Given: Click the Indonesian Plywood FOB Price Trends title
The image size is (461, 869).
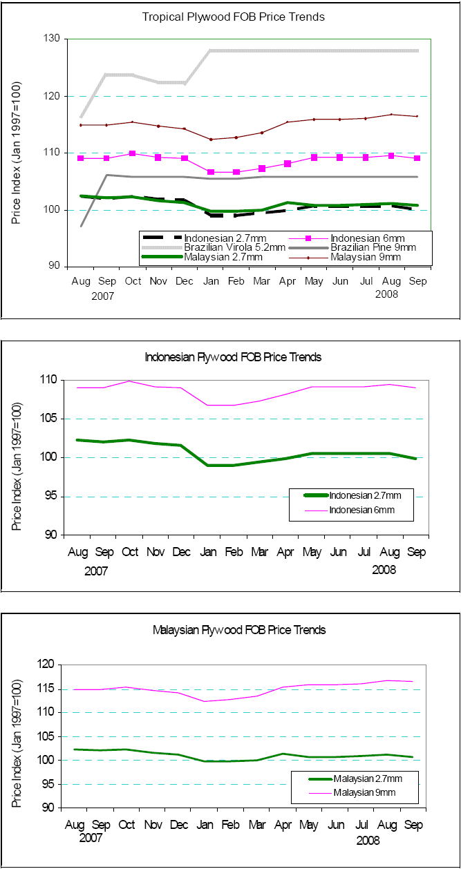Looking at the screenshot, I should click(x=233, y=357).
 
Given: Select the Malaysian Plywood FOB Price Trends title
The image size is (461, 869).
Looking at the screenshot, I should click(x=238, y=630).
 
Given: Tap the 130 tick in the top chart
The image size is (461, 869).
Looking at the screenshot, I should click(x=53, y=39).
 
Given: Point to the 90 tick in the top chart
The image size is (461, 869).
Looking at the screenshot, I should click(x=55, y=267).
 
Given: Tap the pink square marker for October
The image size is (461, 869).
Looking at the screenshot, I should click(x=133, y=153).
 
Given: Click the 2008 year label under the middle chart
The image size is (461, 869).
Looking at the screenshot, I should click(x=384, y=570).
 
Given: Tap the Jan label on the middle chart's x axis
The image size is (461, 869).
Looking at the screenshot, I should click(x=207, y=553).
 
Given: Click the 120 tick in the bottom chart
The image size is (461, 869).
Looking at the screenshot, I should click(x=48, y=665).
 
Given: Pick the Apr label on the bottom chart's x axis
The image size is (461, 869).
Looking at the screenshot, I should click(x=284, y=825).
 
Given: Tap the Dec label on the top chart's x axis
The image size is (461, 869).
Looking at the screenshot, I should click(x=185, y=281).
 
